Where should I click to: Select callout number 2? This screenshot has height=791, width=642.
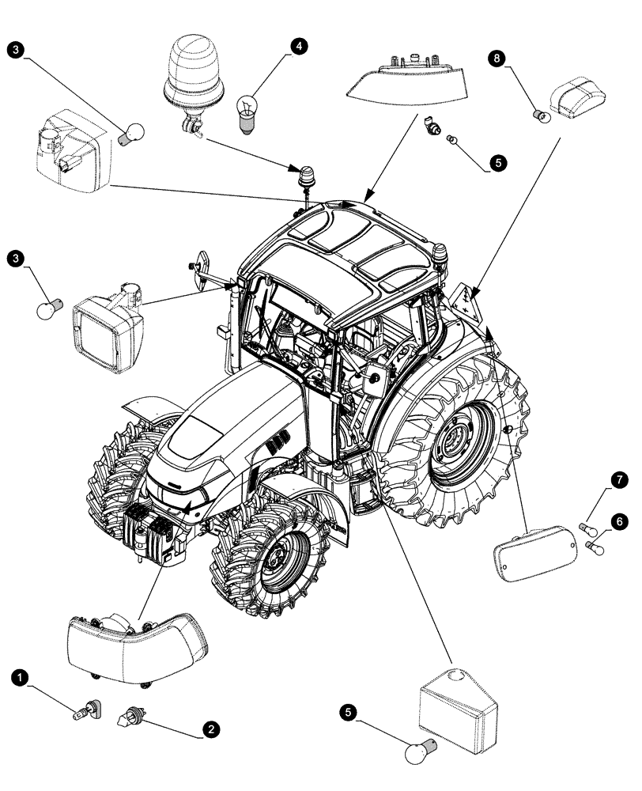point(210,730)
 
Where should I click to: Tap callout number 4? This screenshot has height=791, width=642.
point(297,46)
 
